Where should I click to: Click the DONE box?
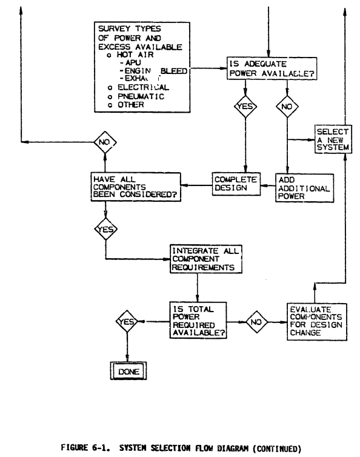128,370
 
